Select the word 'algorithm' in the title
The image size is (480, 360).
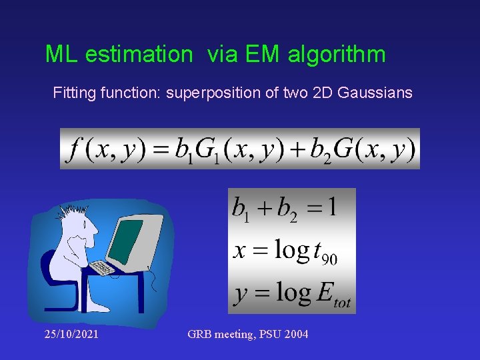tap(337, 55)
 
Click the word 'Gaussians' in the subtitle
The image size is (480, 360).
tap(375, 93)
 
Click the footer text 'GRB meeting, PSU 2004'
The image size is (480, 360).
tap(248, 334)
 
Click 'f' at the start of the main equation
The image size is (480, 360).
tap(71, 149)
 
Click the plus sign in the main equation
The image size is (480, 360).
tap(294, 149)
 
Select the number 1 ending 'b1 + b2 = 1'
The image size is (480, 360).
tap(331, 207)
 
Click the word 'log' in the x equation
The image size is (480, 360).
tap(292, 251)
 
